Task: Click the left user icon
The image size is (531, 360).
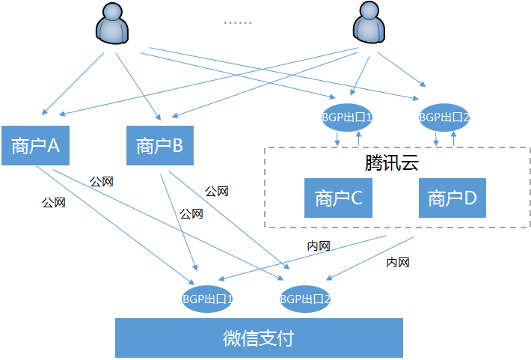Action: click(114, 24)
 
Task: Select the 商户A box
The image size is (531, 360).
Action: click(35, 145)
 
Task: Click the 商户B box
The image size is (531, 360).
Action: click(159, 145)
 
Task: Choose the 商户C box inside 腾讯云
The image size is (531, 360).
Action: click(338, 198)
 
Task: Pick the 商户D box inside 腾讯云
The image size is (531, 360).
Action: click(452, 198)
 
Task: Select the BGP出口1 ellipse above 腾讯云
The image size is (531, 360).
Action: click(347, 118)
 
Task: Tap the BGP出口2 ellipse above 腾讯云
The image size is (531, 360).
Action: click(444, 118)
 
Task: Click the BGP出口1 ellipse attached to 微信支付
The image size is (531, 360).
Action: click(208, 299)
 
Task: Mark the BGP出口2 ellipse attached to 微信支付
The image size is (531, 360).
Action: click(305, 299)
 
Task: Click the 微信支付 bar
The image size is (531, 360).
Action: click(259, 338)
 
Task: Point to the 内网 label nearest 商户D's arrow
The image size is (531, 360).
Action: click(397, 263)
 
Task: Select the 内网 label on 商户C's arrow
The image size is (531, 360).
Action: click(319, 245)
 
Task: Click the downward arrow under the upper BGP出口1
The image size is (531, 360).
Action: click(337, 139)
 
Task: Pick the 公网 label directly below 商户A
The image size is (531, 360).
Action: click(54, 203)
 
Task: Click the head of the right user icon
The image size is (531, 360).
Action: click(369, 13)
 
